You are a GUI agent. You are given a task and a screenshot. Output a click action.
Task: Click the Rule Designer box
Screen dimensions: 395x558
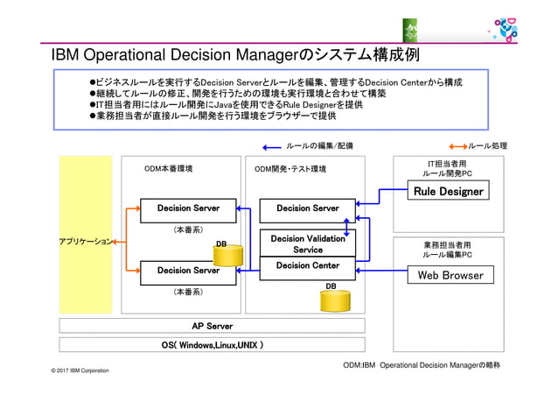click(448, 191)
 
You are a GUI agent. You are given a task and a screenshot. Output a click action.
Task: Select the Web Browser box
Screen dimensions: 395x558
click(448, 276)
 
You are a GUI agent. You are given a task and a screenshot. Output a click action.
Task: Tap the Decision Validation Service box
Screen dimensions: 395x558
click(308, 243)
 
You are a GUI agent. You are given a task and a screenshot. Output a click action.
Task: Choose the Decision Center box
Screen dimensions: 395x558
click(308, 265)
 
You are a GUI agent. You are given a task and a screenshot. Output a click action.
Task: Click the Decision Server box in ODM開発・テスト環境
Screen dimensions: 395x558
click(308, 209)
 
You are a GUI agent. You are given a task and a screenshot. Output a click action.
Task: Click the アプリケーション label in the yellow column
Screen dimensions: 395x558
click(86, 241)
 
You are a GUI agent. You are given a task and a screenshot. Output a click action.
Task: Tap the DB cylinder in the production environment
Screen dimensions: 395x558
click(228, 255)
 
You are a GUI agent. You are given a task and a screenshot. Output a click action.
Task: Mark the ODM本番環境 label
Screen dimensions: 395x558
click(168, 169)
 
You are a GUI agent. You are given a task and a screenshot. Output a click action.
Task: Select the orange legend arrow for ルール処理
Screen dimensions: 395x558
click(457, 146)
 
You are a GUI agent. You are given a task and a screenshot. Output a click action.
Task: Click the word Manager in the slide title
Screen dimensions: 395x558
click(262, 56)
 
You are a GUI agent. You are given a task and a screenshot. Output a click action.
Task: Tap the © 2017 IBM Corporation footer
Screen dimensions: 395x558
click(80, 371)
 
